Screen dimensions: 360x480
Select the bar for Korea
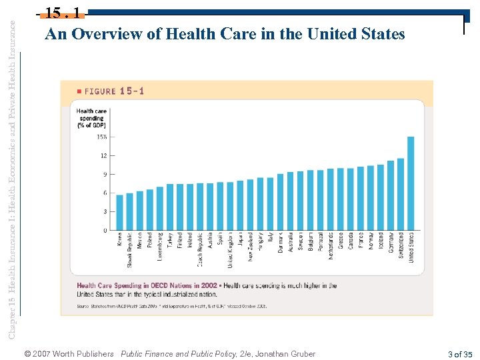point(120,212)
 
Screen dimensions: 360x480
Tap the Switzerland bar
point(401,194)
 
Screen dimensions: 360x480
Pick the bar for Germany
point(391,196)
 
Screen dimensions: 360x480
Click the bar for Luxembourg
point(160,208)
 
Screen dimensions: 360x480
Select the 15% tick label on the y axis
point(102,137)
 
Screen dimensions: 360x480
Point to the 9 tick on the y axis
point(103,174)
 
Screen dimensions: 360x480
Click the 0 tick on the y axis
point(104,231)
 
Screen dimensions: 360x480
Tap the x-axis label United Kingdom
point(230,250)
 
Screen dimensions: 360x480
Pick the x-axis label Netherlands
point(331,246)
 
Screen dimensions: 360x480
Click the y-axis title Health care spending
point(91,118)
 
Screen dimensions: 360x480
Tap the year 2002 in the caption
point(208,286)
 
